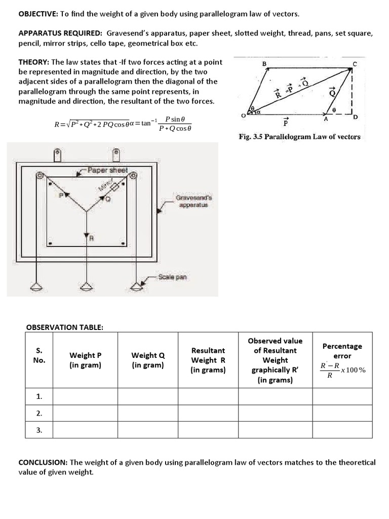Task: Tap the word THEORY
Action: pyautogui.click(x=34, y=62)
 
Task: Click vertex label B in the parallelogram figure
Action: pyautogui.click(x=264, y=63)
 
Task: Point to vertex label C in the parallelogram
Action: pyautogui.click(x=355, y=63)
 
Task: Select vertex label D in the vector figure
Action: pyautogui.click(x=355, y=118)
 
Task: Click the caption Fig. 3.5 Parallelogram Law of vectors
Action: pyautogui.click(x=299, y=137)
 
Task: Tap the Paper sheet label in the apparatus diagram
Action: pyautogui.click(x=107, y=170)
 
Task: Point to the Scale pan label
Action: pyautogui.click(x=172, y=277)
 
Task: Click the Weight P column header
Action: pyautogui.click(x=85, y=360)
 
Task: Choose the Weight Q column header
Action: pyautogui.click(x=148, y=360)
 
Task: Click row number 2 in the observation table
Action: pyautogui.click(x=40, y=413)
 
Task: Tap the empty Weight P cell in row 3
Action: pyautogui.click(x=85, y=430)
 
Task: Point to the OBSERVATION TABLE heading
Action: pyautogui.click(x=64, y=327)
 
